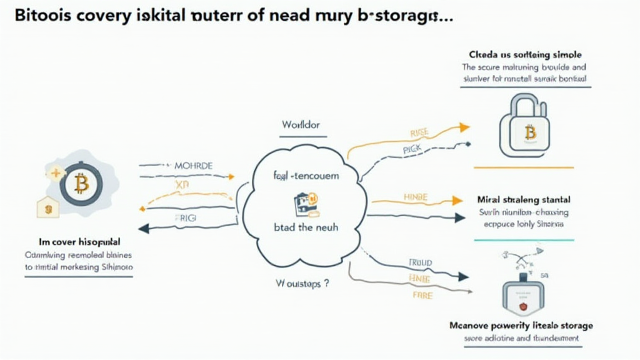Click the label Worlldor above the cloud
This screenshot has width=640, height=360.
coord(300,125)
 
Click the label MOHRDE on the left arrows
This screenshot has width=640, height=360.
coord(193,166)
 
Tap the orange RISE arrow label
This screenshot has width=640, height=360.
coord(419,133)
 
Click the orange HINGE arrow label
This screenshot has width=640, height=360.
coord(415,197)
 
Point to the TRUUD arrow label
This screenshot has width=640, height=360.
coord(421,264)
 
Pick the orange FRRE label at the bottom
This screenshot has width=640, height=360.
coord(422,295)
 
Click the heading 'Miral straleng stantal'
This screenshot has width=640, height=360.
coord(523,200)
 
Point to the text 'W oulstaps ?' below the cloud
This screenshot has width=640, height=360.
coord(302,282)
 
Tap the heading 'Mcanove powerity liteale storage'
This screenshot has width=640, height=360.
coord(521,326)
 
